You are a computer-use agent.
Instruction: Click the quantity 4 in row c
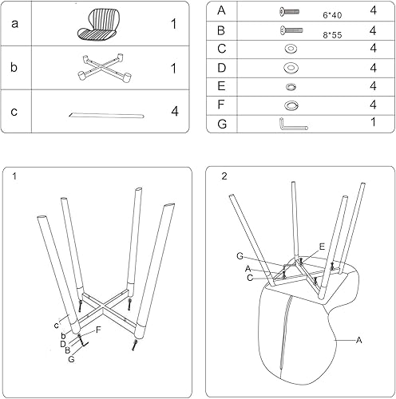[x=173, y=110]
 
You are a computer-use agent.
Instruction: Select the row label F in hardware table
[x=221, y=105]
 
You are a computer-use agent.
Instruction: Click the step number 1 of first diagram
[x=15, y=176]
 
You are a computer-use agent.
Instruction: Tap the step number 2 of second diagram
[x=224, y=176]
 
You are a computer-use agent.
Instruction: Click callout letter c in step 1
[x=57, y=325]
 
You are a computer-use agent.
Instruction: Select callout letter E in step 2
[x=321, y=247]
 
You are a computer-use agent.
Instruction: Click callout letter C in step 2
[x=251, y=278]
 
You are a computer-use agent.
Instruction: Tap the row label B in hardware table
[x=221, y=30]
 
